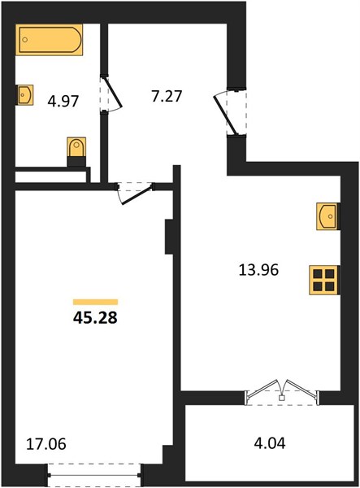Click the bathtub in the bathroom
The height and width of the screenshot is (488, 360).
(x=49, y=40)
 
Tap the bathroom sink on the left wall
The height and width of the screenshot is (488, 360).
(x=24, y=94)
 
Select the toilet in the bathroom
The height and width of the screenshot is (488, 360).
(x=76, y=147)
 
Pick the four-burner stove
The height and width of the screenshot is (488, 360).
(x=324, y=280)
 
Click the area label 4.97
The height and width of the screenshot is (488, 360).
(x=63, y=101)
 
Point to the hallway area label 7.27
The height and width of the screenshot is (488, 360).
(x=167, y=96)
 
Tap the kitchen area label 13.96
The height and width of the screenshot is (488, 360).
(x=258, y=269)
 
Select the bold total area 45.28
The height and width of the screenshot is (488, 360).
(x=95, y=318)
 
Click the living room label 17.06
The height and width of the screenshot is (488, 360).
(x=46, y=443)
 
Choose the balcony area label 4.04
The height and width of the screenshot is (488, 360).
(x=270, y=443)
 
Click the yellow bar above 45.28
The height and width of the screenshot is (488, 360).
(x=95, y=302)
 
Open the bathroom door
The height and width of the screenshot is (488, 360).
(x=111, y=94)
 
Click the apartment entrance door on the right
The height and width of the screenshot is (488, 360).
(x=231, y=113)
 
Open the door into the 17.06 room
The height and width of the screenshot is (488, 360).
(x=136, y=194)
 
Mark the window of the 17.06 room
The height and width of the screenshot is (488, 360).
(x=94, y=475)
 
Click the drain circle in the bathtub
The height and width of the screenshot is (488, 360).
(x=25, y=40)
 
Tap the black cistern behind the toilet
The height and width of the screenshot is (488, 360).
(x=76, y=162)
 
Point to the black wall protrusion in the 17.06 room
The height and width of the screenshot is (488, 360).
(x=169, y=237)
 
